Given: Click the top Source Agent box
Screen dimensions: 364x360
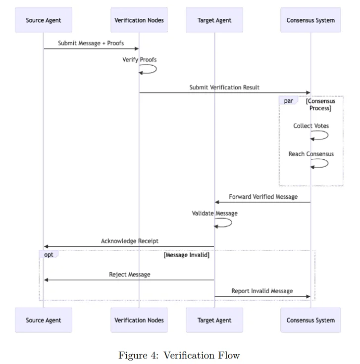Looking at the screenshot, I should click(x=44, y=20).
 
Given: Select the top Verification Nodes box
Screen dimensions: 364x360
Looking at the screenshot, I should click(x=139, y=20).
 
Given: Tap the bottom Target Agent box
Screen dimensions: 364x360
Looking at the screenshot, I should click(x=214, y=320).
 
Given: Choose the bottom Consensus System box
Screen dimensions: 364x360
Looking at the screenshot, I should click(x=310, y=320).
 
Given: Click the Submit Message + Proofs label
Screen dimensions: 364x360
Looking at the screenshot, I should click(x=91, y=43).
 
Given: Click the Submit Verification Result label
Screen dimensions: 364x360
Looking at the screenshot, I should click(x=224, y=88).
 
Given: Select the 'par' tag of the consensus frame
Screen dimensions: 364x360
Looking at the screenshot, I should click(x=288, y=101).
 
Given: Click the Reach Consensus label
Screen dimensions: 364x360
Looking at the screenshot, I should click(x=311, y=154).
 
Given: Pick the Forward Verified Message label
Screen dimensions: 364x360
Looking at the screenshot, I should click(x=263, y=197).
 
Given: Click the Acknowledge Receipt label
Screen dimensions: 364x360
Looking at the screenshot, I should click(x=130, y=241).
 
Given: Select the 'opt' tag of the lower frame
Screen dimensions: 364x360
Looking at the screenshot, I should click(x=49, y=254).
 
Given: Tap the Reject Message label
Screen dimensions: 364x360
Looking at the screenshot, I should click(x=130, y=274).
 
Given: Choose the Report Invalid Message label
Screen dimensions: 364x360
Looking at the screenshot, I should click(x=262, y=291).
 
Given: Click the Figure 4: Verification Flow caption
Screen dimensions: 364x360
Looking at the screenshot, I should click(x=179, y=355).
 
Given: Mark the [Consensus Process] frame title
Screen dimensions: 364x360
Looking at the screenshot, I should click(x=320, y=104).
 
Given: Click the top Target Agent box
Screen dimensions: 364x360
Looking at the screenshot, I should click(x=214, y=20).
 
